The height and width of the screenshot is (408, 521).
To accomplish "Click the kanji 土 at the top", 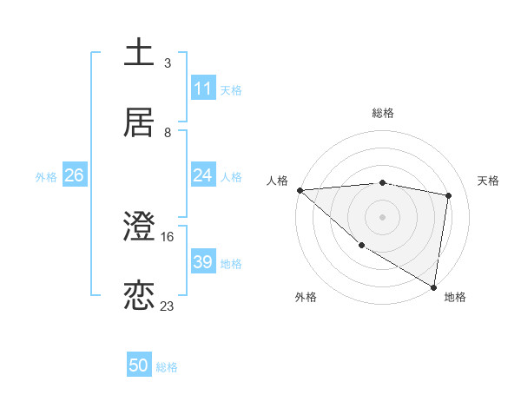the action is tap(140, 51).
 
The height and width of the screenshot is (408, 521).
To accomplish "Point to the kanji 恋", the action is tap(140, 295).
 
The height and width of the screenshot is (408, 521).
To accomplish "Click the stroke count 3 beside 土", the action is tap(168, 63).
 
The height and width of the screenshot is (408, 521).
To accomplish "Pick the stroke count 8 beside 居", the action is tap(168, 133).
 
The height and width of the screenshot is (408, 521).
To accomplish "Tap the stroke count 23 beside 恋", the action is tap(168, 306).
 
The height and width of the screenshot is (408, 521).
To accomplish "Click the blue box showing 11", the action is tap(203, 89).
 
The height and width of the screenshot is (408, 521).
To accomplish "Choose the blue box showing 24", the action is tap(203, 175).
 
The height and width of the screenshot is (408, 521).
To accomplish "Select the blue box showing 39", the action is tap(203, 262).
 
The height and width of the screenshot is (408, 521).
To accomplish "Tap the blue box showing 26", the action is tap(75, 175).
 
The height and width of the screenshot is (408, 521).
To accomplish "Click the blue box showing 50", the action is tap(139, 366).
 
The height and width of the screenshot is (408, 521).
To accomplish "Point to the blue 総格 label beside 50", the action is tap(168, 367).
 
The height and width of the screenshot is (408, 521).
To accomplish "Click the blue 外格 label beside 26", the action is tap(46, 176).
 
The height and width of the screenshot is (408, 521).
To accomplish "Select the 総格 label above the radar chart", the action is tap(383, 113).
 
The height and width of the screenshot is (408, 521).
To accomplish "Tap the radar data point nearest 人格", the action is tap(300, 190).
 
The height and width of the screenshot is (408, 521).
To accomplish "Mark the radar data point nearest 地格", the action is tap(434, 286).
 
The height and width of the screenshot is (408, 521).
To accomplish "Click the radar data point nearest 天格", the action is tap(449, 195).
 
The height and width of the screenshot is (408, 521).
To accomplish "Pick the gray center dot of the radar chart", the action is tap(383, 216).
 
